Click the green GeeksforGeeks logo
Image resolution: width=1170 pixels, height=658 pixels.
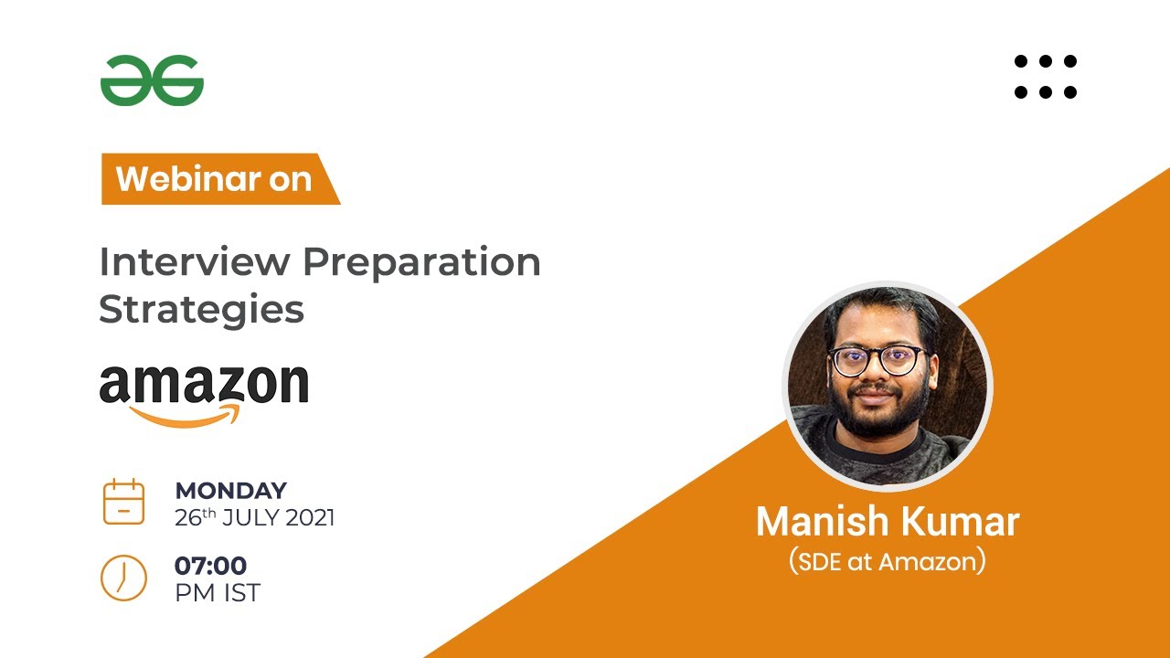pos(152,80)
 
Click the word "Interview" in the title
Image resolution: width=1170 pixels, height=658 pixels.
pos(195,262)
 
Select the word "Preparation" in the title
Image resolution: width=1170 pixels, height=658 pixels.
pos(421,263)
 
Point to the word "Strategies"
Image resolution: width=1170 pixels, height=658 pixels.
pos(201,309)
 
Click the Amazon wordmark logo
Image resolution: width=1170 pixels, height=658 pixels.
pos(204,385)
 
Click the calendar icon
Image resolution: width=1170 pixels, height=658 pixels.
pos(123,501)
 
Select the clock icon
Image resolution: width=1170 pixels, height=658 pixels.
pos(123,578)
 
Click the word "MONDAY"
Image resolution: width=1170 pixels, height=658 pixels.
pos(230,490)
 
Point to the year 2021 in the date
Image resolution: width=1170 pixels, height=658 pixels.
pos(310,518)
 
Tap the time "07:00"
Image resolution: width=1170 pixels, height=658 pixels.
pos(210,566)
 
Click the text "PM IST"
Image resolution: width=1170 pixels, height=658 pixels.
pos(218,592)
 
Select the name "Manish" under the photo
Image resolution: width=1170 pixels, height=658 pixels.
pos(820,522)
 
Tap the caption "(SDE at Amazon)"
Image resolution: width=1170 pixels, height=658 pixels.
pos(887,562)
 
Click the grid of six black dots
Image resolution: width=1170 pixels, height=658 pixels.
pos(1046,77)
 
